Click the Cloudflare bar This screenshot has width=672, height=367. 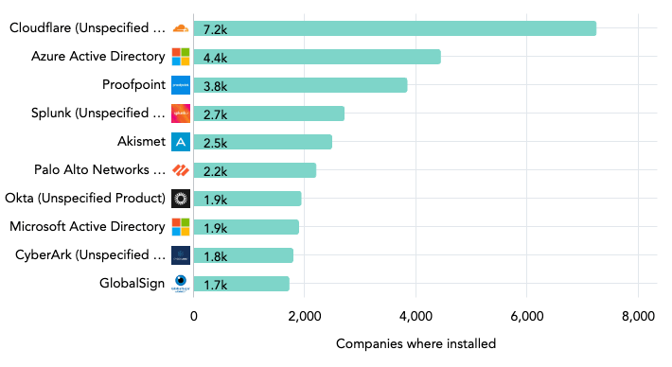394,28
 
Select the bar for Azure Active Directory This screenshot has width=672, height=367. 316,57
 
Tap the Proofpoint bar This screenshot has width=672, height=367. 300,85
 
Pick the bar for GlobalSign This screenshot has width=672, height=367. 241,283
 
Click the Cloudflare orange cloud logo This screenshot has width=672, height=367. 181,28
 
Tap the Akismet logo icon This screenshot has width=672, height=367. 181,142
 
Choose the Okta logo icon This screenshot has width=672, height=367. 181,198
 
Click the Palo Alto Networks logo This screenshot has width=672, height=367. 181,170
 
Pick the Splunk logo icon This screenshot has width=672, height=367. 181,114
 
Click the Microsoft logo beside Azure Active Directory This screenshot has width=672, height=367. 181,57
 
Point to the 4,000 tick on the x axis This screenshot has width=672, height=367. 416,317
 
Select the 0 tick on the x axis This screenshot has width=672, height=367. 194,317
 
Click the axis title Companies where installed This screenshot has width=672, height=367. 416,343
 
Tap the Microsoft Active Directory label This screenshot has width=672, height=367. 87,226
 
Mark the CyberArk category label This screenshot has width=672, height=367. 90,254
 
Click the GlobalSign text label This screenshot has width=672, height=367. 132,283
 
